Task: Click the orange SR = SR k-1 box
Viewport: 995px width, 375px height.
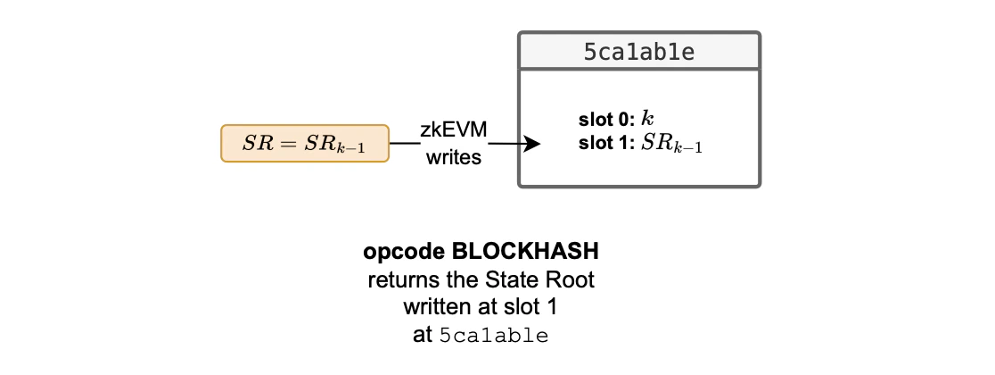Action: click(x=305, y=144)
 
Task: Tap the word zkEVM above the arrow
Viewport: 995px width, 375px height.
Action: click(x=454, y=129)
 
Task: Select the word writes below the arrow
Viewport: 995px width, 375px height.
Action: click(x=454, y=158)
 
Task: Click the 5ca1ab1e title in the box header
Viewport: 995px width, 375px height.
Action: click(x=639, y=53)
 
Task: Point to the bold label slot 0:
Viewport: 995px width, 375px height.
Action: click(x=607, y=121)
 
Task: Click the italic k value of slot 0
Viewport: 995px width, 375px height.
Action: click(x=648, y=120)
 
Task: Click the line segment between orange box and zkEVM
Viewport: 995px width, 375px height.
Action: click(x=406, y=144)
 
